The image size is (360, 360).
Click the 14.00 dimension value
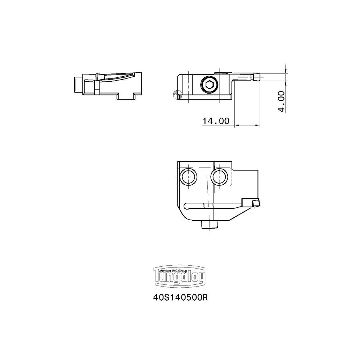216,121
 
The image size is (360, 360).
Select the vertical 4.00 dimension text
282,101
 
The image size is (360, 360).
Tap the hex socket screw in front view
209,86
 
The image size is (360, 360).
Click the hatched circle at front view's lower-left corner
177,94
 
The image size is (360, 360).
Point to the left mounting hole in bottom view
189,176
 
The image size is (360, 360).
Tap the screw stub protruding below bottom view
210,225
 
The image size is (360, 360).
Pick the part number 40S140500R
181,298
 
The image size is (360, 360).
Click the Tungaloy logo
180,277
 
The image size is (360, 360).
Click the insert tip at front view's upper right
256,77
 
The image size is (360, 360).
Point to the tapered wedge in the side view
115,77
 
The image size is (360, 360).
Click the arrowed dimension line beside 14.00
247,125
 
